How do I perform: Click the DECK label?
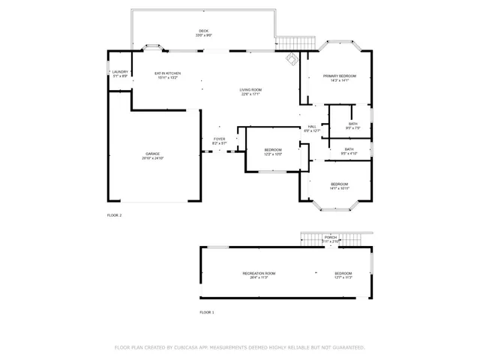203,31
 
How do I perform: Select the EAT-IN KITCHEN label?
167,73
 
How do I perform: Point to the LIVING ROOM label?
250,90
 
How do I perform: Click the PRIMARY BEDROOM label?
339,76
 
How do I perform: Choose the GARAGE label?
152,154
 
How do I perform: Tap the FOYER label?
219,139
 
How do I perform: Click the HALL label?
312,126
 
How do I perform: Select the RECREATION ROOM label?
259,273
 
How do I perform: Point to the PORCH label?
331,238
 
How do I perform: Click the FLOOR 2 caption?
114,215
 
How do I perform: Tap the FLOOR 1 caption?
206,312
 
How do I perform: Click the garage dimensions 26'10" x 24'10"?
152,158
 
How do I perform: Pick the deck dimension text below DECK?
203,35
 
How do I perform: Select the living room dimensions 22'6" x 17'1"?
250,94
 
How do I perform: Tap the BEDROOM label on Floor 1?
343,273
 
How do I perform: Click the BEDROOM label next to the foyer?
272,150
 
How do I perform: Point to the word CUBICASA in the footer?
193,347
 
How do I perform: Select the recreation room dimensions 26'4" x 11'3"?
259,277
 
